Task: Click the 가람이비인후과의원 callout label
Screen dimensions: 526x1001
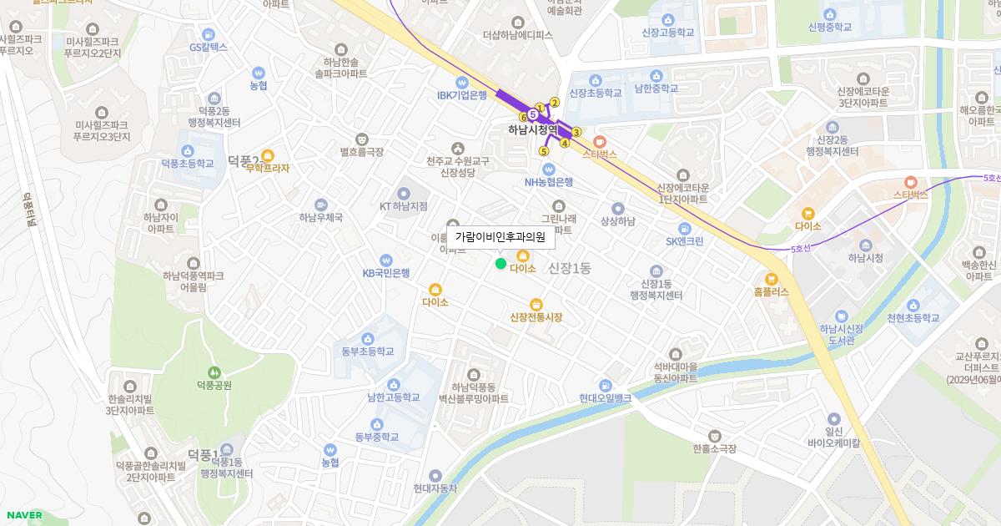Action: (x=500, y=237)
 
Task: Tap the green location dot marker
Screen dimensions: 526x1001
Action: (x=500, y=264)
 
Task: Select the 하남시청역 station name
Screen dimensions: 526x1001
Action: (x=532, y=130)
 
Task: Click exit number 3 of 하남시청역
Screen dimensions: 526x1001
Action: (x=576, y=132)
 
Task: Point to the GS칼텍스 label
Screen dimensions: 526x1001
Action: (x=208, y=48)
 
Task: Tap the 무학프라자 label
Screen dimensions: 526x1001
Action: (x=268, y=168)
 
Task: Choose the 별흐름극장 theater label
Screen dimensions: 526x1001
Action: (x=361, y=152)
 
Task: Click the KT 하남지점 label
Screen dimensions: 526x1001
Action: (x=403, y=205)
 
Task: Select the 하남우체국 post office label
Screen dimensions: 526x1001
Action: (x=321, y=217)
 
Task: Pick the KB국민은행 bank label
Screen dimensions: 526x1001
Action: (x=385, y=272)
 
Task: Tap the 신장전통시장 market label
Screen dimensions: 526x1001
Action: (x=536, y=317)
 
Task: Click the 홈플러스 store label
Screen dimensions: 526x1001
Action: (x=771, y=292)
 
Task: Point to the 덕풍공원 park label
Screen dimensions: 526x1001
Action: (x=213, y=385)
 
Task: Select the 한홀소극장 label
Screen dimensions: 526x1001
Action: (x=714, y=448)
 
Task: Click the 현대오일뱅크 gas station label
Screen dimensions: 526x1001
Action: (x=605, y=398)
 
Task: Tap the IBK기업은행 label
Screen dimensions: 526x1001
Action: (x=461, y=95)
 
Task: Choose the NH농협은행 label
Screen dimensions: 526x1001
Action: (x=548, y=182)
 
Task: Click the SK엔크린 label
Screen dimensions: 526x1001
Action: (x=685, y=240)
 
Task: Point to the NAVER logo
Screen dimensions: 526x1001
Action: (x=23, y=515)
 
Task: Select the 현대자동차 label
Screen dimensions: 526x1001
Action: (x=435, y=488)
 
